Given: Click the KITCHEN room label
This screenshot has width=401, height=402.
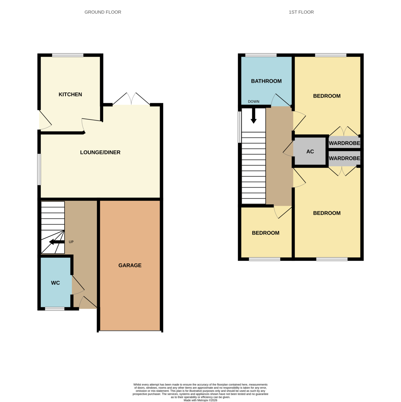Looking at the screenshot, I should (x=70, y=94).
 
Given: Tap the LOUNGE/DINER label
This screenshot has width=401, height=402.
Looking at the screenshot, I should (x=100, y=152).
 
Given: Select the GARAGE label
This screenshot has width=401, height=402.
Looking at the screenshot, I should (x=130, y=265).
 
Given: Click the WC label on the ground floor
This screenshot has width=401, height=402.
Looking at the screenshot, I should (x=56, y=283).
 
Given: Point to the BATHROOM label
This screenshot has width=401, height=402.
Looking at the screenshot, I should (x=266, y=81).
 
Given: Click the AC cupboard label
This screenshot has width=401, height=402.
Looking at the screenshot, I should (x=310, y=151).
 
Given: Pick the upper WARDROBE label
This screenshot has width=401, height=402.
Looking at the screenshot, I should (x=344, y=143).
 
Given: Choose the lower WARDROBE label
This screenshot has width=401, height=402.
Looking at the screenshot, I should (x=344, y=158).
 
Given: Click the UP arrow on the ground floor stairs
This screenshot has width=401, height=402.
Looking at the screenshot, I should (x=57, y=242).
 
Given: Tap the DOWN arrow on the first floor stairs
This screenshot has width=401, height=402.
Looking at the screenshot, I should (x=254, y=116).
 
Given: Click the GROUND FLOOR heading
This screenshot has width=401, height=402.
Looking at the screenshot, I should (x=103, y=12).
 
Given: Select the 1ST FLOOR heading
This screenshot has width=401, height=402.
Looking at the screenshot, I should (x=301, y=12).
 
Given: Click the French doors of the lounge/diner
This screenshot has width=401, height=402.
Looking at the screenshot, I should (x=131, y=99).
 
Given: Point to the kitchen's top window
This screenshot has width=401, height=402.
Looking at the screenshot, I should (x=68, y=55).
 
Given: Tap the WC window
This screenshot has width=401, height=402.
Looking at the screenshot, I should (x=55, y=309).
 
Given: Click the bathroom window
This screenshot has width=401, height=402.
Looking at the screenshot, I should (x=261, y=55).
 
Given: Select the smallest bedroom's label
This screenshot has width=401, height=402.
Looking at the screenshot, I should (x=266, y=233).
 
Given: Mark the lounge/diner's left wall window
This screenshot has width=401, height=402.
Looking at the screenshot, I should (x=39, y=169).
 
